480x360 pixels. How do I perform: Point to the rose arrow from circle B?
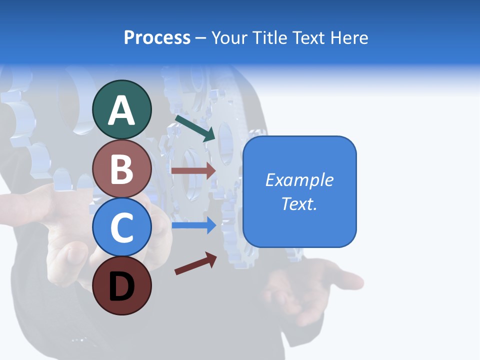coord(193,170)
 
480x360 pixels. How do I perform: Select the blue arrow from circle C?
coord(193,225)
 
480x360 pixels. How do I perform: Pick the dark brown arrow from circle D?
coord(195,263)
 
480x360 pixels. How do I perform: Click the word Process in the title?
coord(157,38)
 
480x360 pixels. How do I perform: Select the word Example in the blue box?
coord(299,180)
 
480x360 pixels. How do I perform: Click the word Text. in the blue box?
coord(299,203)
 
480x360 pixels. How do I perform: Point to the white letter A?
coord(122,110)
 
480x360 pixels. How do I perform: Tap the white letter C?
coord(122,228)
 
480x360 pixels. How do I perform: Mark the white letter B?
coord(122,169)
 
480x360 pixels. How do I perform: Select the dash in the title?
coord(200,38)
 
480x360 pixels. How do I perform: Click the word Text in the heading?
coord(307,38)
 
